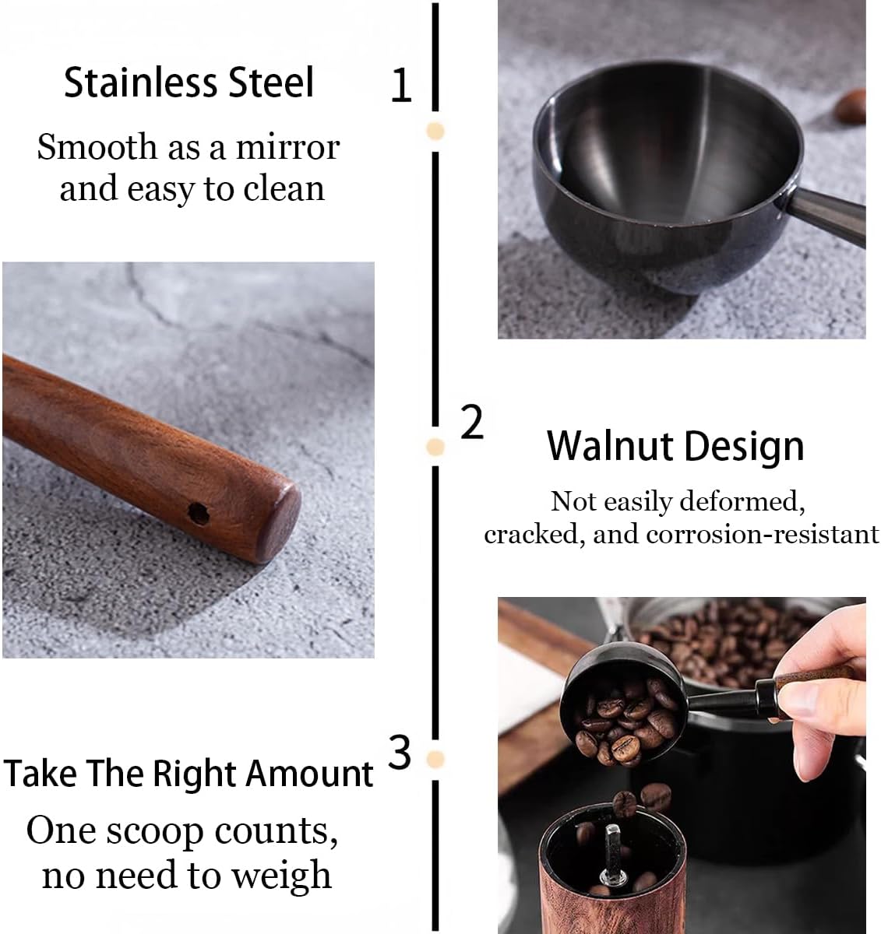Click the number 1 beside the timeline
point(400,86)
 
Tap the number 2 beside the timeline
point(472,423)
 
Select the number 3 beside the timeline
point(400,753)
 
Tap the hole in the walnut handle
point(199,513)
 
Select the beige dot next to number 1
point(435,131)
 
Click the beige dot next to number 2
point(435,447)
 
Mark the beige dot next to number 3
point(435,759)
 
